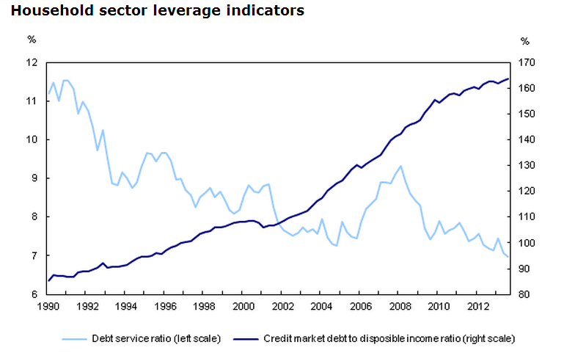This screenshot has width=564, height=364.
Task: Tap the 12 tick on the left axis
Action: [x=32, y=62]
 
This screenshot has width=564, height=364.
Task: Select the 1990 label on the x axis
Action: [x=48, y=306]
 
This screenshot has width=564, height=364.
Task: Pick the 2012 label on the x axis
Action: [x=477, y=306]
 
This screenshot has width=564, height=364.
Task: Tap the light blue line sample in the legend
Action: [x=74, y=339]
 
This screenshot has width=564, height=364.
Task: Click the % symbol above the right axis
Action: [x=524, y=41]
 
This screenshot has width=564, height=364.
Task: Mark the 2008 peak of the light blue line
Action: [x=400, y=166]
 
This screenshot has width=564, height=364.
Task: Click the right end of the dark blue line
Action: [x=508, y=79]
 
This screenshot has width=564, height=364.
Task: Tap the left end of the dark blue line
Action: [x=49, y=280]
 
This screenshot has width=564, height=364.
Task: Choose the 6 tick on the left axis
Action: [x=34, y=294]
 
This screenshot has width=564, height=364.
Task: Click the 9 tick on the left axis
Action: [x=34, y=178]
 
